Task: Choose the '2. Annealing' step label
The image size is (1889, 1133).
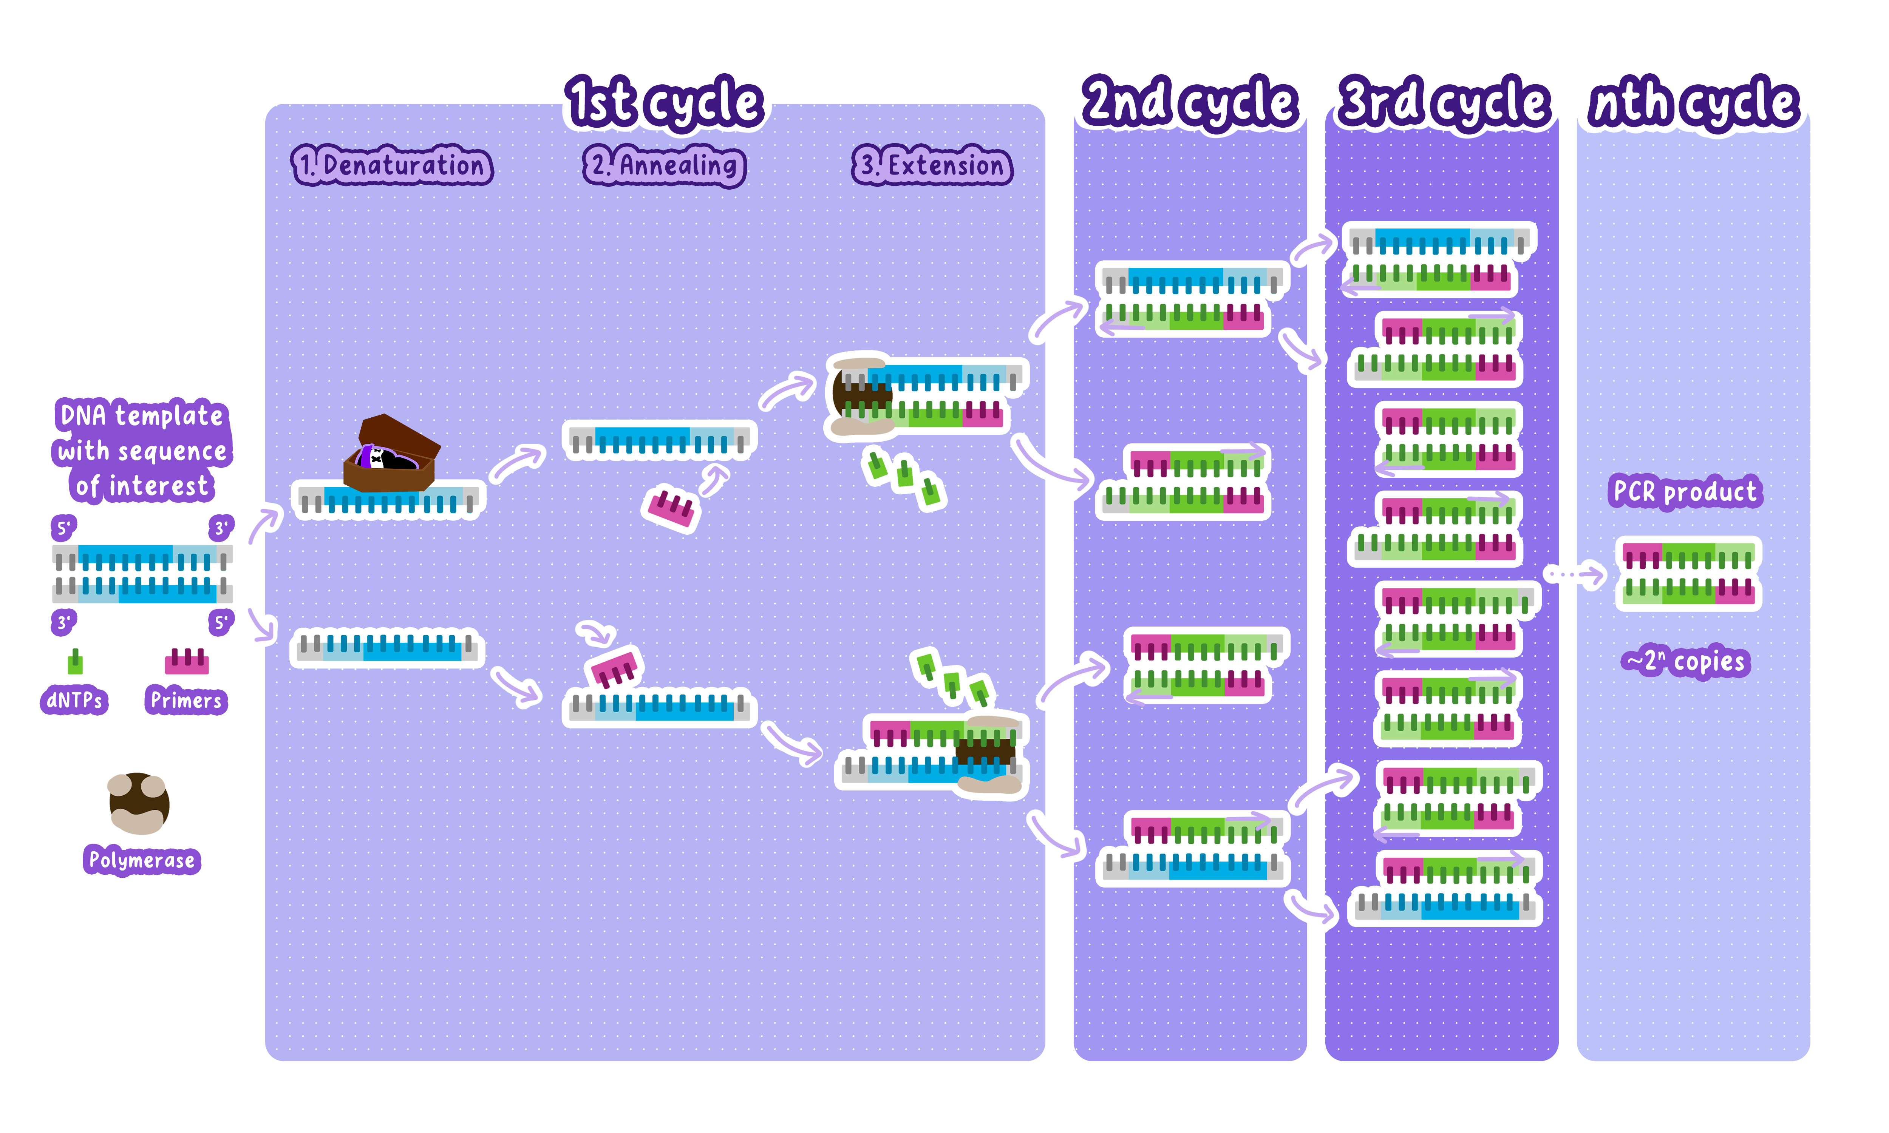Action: point(664,165)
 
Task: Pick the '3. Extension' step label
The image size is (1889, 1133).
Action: point(932,165)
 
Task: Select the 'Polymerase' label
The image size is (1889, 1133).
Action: point(141,860)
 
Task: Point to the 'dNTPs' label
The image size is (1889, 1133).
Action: point(74,700)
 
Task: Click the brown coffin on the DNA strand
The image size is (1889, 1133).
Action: point(391,454)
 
